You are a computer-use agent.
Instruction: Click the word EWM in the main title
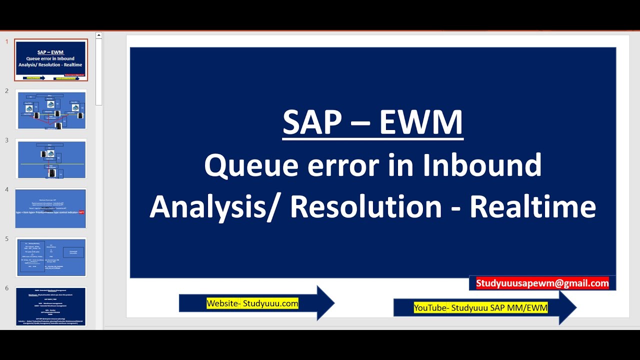[x=421, y=123]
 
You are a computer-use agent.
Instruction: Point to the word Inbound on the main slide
[x=482, y=165]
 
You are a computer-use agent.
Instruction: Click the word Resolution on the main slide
[x=365, y=207]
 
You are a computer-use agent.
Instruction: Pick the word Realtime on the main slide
[x=532, y=207]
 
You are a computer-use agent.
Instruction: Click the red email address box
[x=542, y=283]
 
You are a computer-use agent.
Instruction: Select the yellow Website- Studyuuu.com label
[x=252, y=303]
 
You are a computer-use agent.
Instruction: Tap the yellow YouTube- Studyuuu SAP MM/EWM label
[x=480, y=308]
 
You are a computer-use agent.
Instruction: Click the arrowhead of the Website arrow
[x=325, y=303]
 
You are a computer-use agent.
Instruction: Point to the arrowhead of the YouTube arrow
[x=567, y=307]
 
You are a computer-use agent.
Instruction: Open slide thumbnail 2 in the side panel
[x=51, y=109]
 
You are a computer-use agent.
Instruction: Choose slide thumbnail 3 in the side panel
[x=51, y=159]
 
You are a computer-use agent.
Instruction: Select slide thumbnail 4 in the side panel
[x=51, y=208]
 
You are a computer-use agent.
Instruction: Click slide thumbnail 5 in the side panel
[x=51, y=257]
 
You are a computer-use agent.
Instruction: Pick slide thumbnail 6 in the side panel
[x=51, y=306]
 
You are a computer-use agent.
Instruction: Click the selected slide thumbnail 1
[x=51, y=59]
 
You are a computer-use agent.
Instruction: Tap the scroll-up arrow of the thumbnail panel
[x=99, y=35]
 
